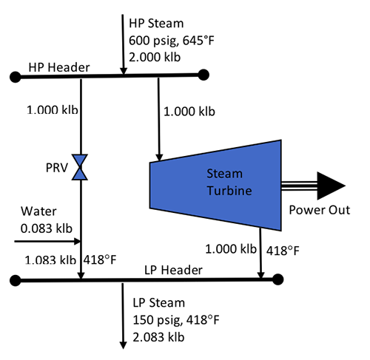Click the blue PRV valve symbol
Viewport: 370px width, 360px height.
81,168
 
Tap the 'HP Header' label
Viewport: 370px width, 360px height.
59,68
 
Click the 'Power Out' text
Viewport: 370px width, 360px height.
320,211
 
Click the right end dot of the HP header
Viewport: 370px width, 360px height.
203,75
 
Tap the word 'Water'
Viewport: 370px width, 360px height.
33,211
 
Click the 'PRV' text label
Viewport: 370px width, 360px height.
56,169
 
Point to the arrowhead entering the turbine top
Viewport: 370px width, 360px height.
158,155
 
